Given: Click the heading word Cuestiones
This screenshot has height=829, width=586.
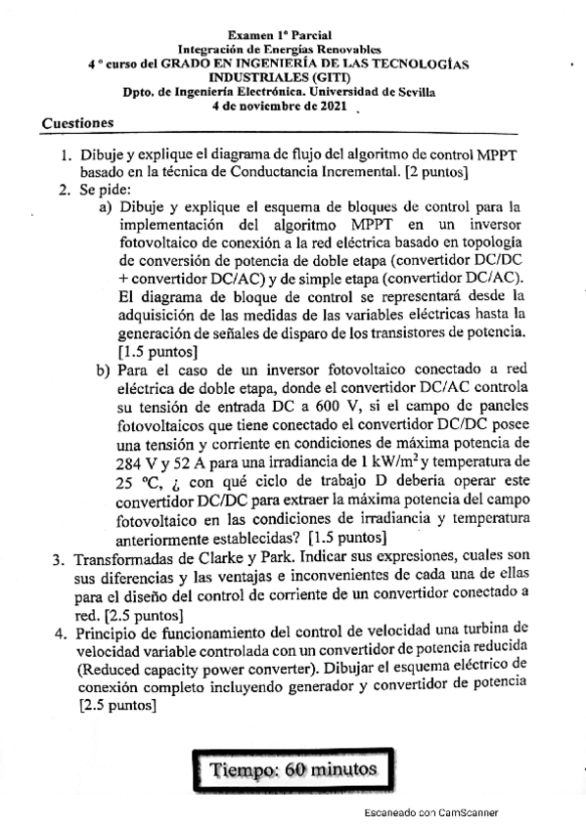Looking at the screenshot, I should click(x=78, y=123).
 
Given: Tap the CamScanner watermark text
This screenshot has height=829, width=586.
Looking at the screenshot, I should click(x=430, y=812).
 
